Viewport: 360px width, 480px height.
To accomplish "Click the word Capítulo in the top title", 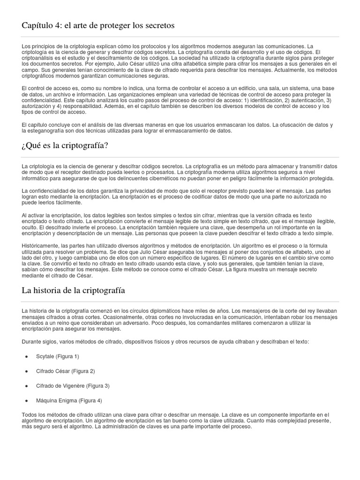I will (x=37, y=25).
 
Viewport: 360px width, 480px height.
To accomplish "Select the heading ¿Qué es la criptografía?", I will (x=65, y=145).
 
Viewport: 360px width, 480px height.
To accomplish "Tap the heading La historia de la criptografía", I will (x=73, y=290).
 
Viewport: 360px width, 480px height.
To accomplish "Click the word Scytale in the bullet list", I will (x=45, y=357).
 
